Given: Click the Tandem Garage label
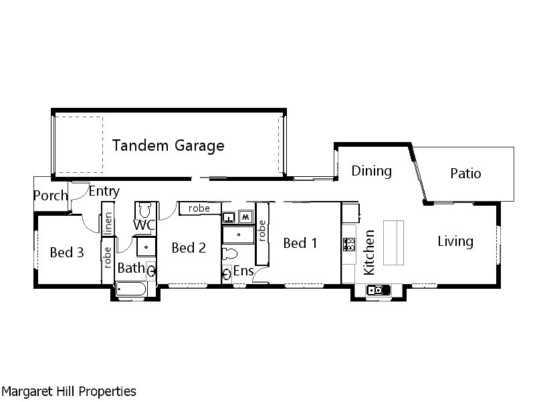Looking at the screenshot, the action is [x=169, y=145].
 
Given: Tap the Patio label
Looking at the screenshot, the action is [x=465, y=174].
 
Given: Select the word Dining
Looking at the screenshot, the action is [x=372, y=171].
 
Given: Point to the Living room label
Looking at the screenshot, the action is [x=455, y=241].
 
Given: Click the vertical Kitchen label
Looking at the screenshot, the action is [x=369, y=253].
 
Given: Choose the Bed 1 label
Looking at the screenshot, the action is [x=300, y=243].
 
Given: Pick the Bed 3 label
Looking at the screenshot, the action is [x=67, y=253].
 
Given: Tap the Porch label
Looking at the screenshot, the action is [x=51, y=196].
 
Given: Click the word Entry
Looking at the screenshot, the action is [x=104, y=192].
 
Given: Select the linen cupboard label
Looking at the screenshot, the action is [x=108, y=224].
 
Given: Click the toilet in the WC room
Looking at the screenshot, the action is [x=145, y=210].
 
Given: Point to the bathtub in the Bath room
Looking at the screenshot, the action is [x=131, y=289].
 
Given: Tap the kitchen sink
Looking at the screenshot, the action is [x=378, y=290].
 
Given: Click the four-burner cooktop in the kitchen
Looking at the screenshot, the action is [x=349, y=245].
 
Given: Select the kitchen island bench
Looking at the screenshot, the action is [x=393, y=243].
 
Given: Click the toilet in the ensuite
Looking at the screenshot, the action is [x=229, y=254].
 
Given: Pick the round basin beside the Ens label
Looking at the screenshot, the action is [x=226, y=273].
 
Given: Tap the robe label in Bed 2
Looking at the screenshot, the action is [x=199, y=208].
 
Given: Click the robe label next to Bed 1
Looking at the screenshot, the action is [x=262, y=230].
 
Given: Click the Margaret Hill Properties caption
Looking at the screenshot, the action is [x=69, y=391].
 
